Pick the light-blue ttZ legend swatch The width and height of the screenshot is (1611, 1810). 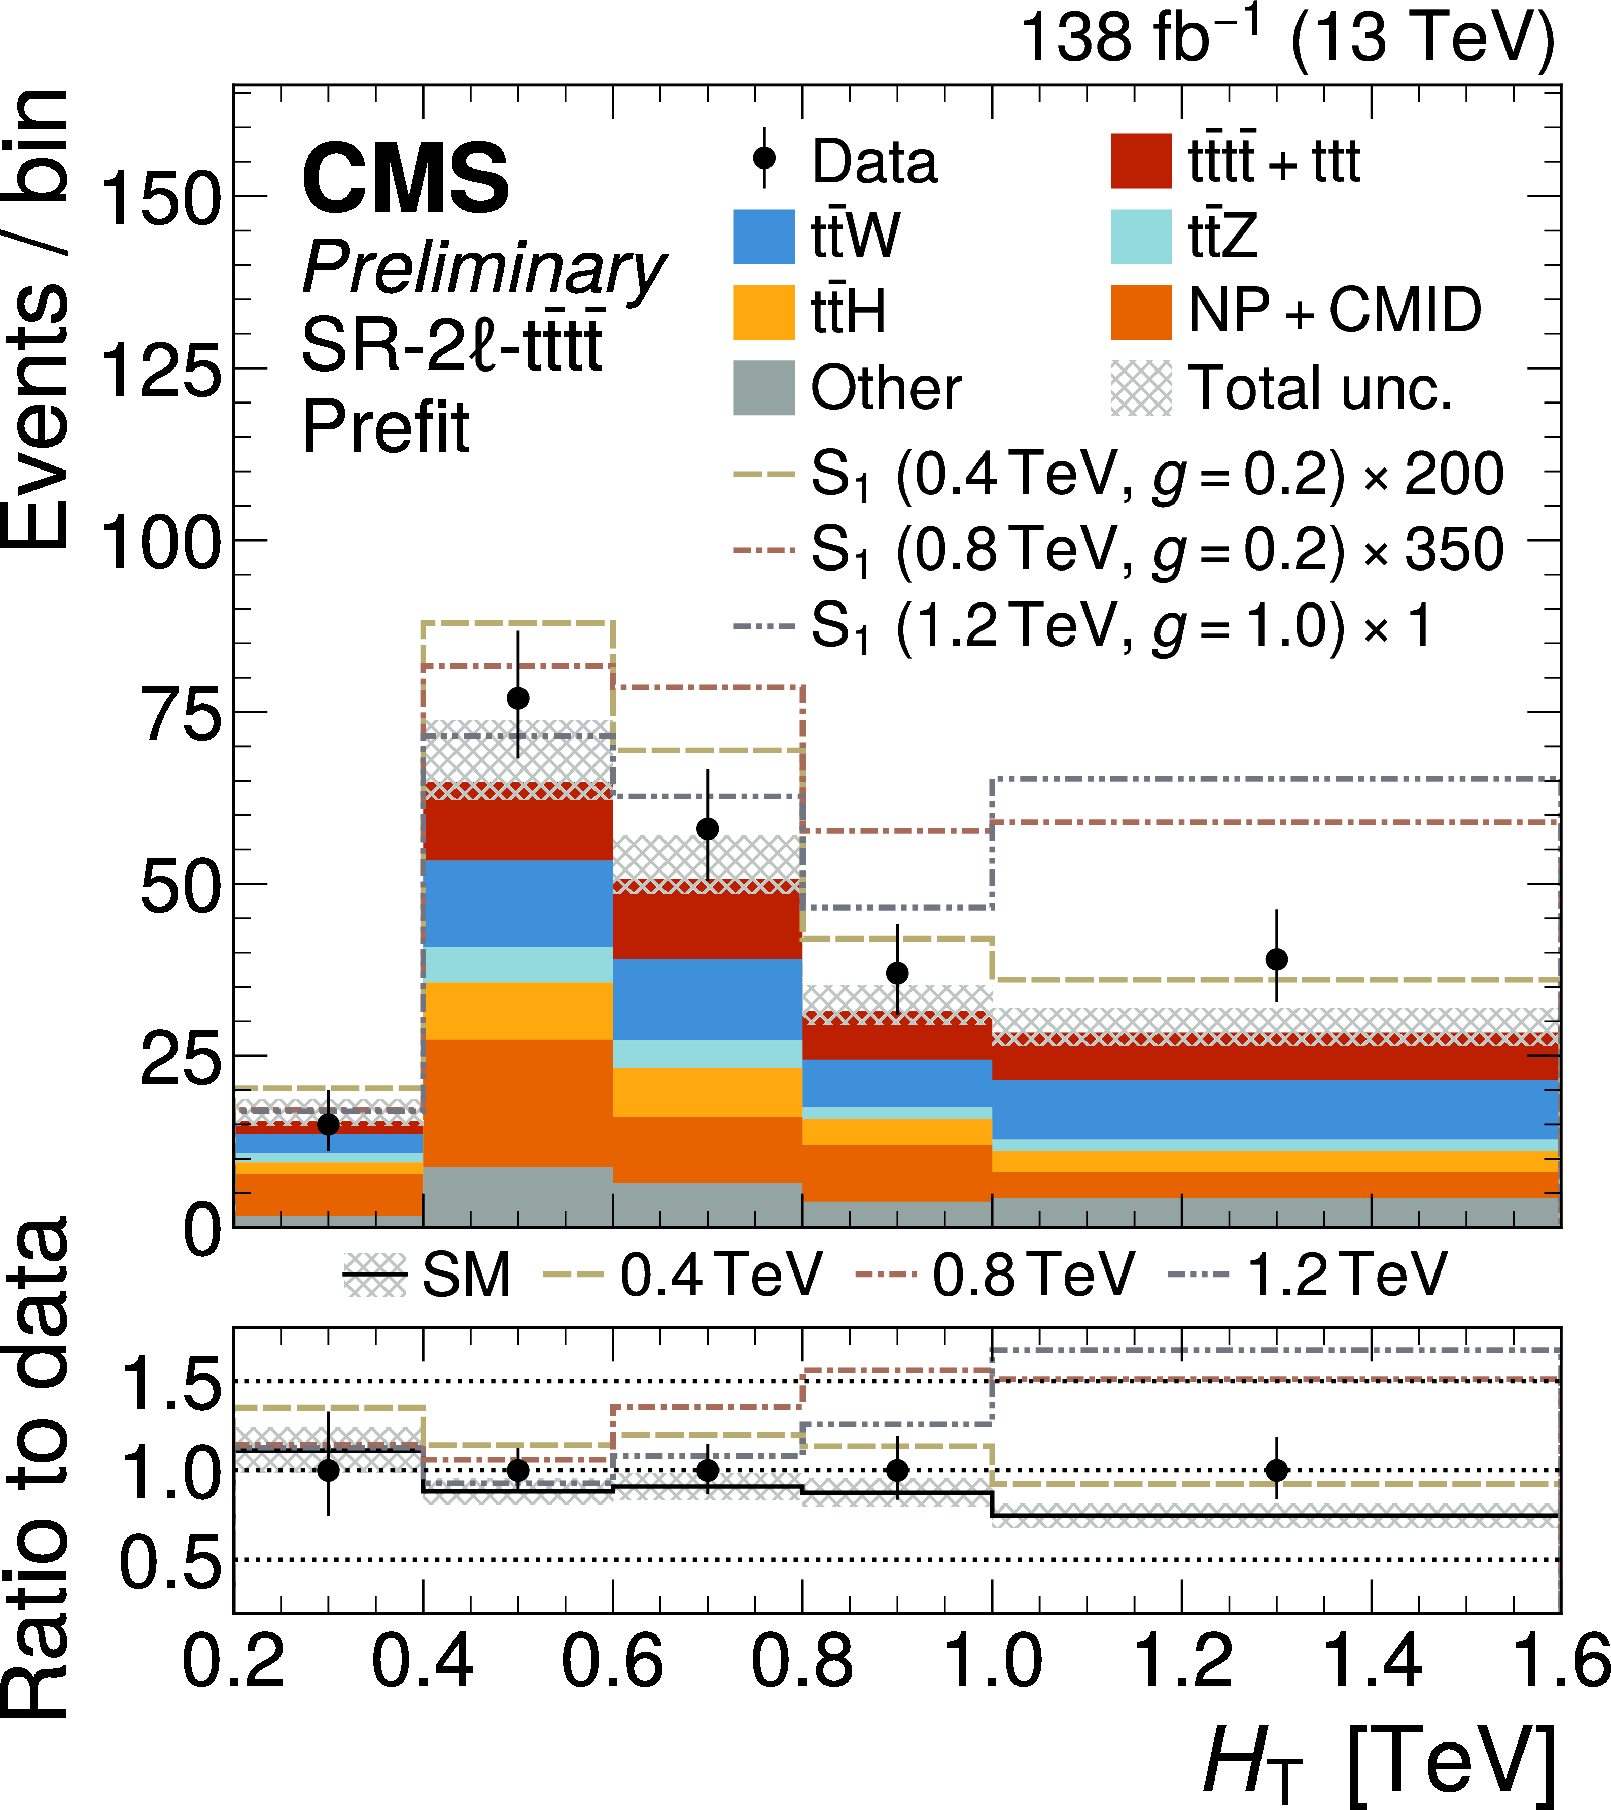(x=1141, y=237)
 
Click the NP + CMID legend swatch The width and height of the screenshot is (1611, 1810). (x=1141, y=312)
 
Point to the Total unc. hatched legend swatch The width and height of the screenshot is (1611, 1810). (x=1141, y=388)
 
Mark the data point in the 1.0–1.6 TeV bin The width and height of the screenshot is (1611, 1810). (x=1276, y=959)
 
